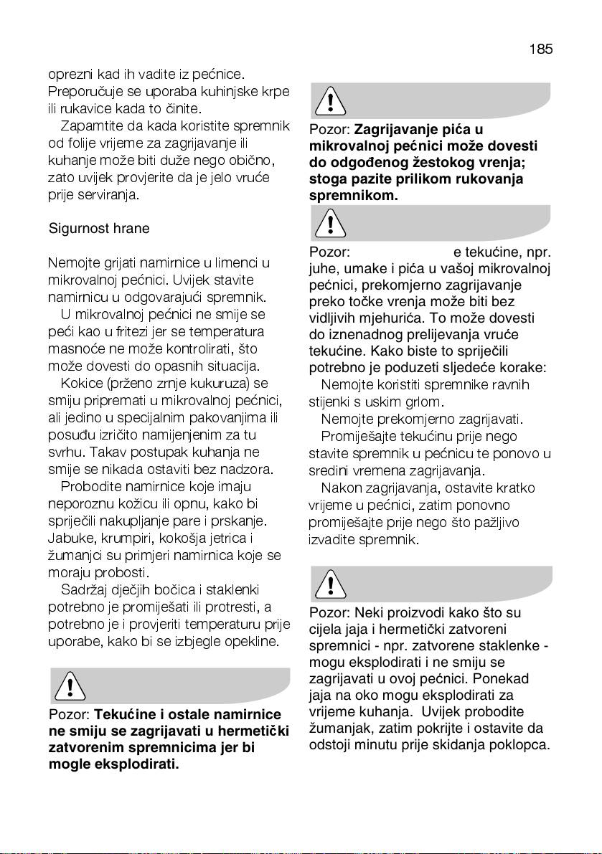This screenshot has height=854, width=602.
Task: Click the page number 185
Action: [540, 49]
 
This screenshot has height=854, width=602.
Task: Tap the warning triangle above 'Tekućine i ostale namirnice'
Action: [70, 687]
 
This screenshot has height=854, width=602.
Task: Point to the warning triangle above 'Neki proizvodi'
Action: [330, 585]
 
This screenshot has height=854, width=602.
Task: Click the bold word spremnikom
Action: [353, 194]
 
